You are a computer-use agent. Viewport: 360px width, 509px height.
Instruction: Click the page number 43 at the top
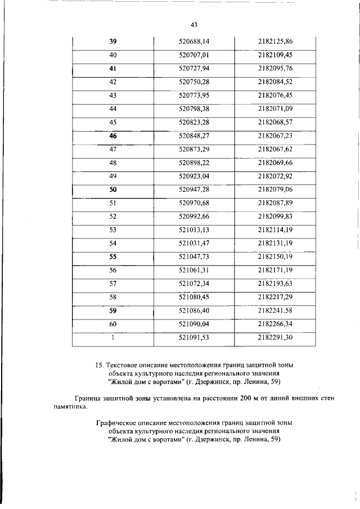(x=195, y=25)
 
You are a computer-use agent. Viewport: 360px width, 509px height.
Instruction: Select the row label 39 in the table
(x=112, y=42)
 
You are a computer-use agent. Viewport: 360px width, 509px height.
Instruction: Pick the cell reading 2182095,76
(x=276, y=69)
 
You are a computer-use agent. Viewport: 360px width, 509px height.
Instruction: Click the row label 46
(x=112, y=136)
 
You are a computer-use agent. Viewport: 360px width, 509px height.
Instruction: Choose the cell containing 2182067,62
(x=276, y=150)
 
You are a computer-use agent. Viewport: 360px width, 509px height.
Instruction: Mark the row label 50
(x=112, y=190)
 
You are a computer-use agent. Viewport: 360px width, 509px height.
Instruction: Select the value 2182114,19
(x=276, y=230)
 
